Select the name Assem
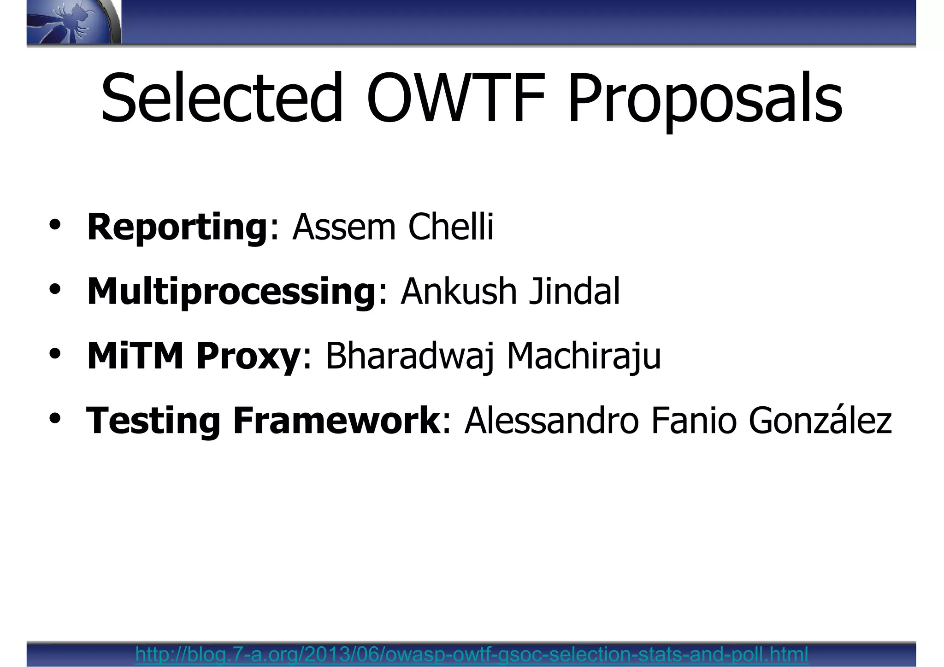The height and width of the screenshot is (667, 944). coord(344,227)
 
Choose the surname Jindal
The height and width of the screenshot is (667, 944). coord(574,292)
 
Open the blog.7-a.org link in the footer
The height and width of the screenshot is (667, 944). coord(472,654)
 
